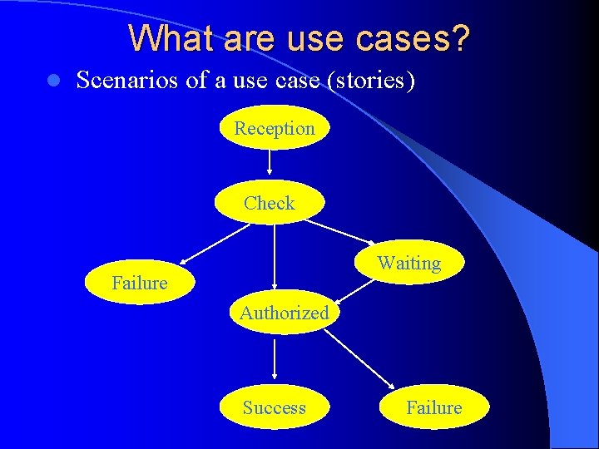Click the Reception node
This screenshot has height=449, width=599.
[275, 129]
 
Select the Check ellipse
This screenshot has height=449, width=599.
[270, 203]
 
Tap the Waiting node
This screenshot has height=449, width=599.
[408, 264]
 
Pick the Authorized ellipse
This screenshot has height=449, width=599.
[284, 313]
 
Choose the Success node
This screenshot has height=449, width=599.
[274, 407]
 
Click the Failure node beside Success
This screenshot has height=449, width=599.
[433, 407]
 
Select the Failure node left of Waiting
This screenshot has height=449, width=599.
[140, 283]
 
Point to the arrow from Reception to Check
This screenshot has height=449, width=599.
[270, 165]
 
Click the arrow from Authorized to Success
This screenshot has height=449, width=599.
[274, 359]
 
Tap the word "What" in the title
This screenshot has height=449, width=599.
[166, 37]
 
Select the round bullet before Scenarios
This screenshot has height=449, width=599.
[52, 81]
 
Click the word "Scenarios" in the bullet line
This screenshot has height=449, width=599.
[124, 81]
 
